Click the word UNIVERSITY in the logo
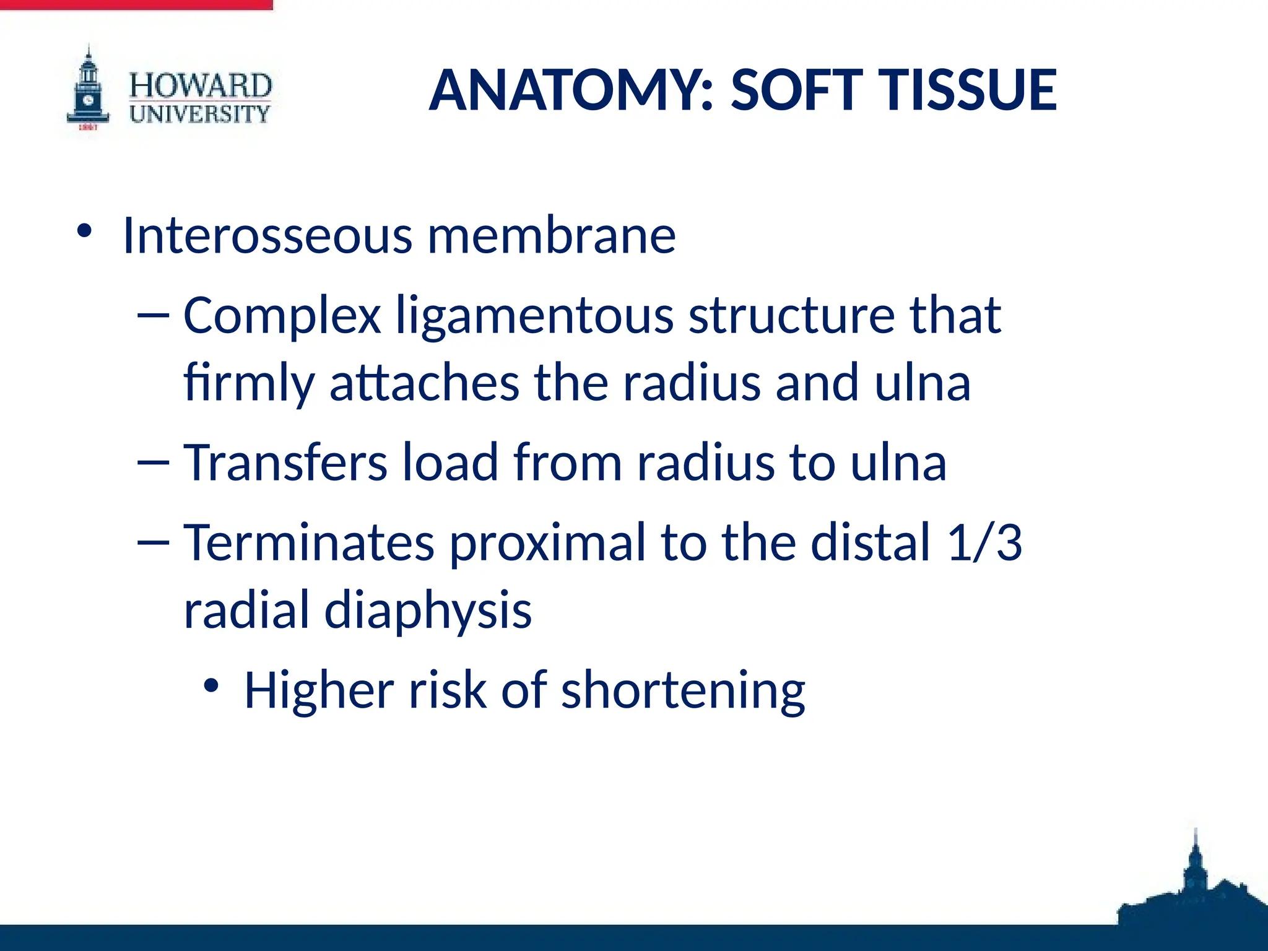pos(200,114)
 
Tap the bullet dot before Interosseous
pos(84,232)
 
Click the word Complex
pos(282,316)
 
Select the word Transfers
pos(285,462)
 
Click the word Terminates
pos(309,542)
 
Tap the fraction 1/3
pos(984,542)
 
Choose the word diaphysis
pos(428,610)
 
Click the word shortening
pos(683,690)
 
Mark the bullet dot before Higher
pos(211,686)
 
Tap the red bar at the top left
pos(136,4)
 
